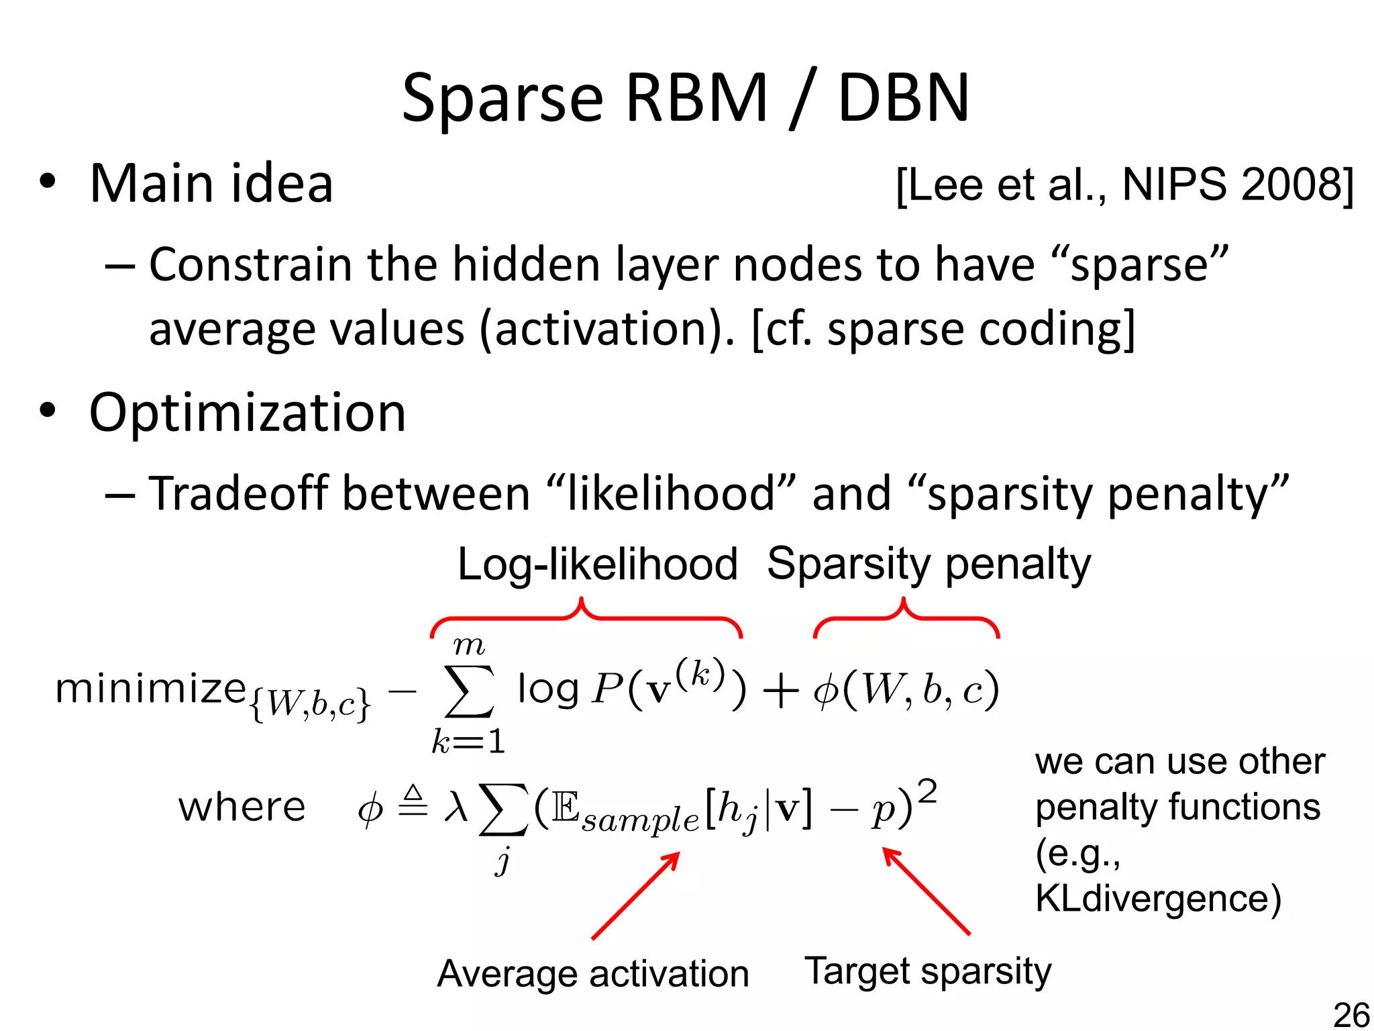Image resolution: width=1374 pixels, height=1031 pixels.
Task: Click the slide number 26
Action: (1351, 1014)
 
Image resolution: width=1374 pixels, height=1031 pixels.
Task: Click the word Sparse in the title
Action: (503, 99)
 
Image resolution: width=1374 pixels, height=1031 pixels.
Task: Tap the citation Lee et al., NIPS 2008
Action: (1124, 185)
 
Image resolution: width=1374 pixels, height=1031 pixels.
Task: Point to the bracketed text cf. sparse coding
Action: (943, 329)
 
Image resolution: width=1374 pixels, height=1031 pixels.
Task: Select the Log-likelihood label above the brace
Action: (597, 564)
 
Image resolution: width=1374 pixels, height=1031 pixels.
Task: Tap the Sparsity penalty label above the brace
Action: (929, 564)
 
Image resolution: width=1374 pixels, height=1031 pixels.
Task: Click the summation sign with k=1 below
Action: (469, 691)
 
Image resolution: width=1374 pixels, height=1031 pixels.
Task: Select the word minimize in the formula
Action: (150, 689)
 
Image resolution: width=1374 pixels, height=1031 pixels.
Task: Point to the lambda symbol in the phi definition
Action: (456, 805)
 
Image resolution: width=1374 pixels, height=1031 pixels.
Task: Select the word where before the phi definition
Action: (242, 807)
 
